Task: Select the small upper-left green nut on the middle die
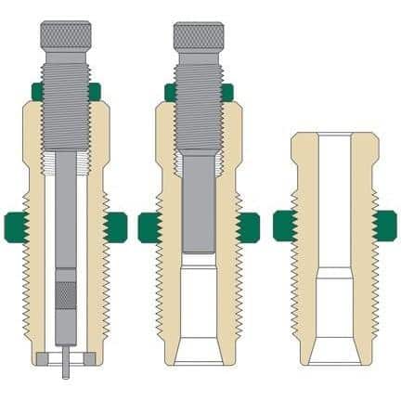click(171, 90)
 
